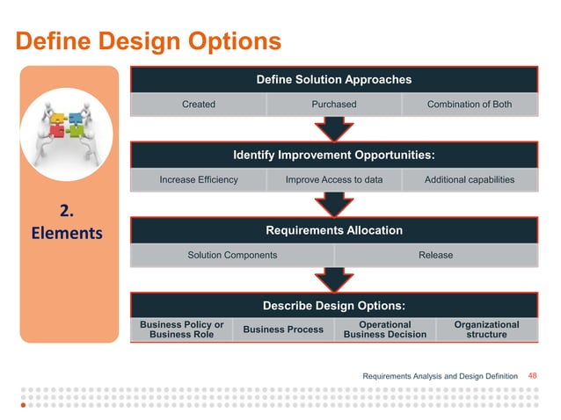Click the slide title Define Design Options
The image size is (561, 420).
pyautogui.click(x=149, y=41)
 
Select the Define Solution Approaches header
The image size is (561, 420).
pyautogui.click(x=333, y=80)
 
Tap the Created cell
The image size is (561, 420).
pyautogui.click(x=199, y=105)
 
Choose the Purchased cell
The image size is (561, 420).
pyautogui.click(x=334, y=105)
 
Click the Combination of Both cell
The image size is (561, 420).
pyautogui.click(x=469, y=105)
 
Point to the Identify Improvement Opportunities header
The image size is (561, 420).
pyautogui.click(x=333, y=156)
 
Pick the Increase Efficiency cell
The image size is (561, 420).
pyautogui.click(x=199, y=180)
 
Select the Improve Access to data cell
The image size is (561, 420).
pyautogui.click(x=334, y=180)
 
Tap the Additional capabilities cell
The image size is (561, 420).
pyautogui.click(x=469, y=180)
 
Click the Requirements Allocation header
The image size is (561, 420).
pyautogui.click(x=333, y=230)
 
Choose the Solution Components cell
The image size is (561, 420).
pyautogui.click(x=232, y=255)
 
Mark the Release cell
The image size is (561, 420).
pyautogui.click(x=435, y=255)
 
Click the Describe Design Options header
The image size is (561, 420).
pyautogui.click(x=333, y=306)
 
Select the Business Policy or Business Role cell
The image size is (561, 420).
pyautogui.click(x=182, y=329)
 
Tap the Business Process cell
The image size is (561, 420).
pyautogui.click(x=283, y=329)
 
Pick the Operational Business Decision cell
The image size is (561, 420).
pyautogui.click(x=385, y=329)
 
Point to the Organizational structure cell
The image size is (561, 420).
pyautogui.click(x=486, y=329)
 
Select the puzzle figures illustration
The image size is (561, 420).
pyautogui.click(x=69, y=127)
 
